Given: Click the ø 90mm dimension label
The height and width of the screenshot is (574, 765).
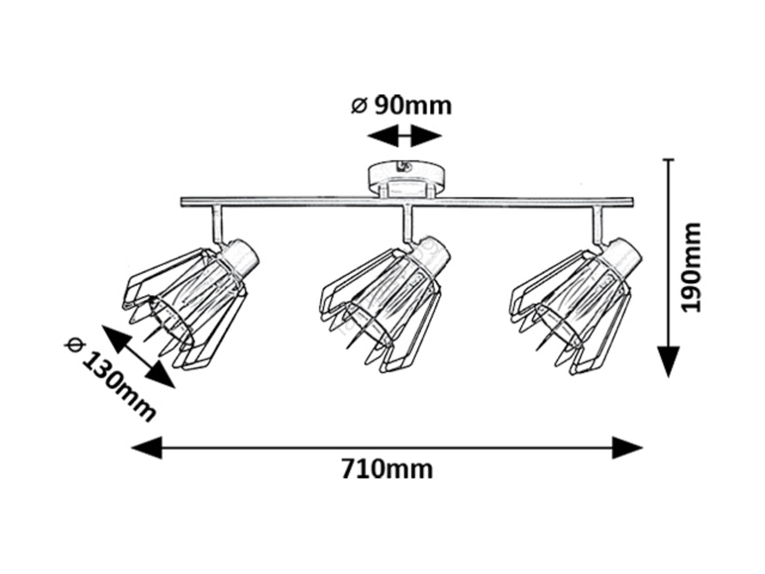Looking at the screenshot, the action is point(401,105).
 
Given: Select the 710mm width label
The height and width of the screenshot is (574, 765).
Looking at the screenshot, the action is point(387,470).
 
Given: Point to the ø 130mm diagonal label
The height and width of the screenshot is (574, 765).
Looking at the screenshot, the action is point(109,379).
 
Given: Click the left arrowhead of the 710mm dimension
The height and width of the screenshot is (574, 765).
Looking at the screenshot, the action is point(147,448).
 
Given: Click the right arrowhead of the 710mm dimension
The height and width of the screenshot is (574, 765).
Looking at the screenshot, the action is point(627,448).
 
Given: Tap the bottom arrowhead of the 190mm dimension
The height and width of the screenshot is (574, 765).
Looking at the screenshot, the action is point(668,362).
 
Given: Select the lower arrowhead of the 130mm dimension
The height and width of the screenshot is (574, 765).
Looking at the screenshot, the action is point(160,374).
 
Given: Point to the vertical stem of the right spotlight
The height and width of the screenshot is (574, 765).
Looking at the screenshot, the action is point(597,225).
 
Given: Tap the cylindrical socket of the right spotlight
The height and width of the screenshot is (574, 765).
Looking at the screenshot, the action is point(621,255).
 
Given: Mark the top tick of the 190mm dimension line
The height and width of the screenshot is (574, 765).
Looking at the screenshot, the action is point(668,159).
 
